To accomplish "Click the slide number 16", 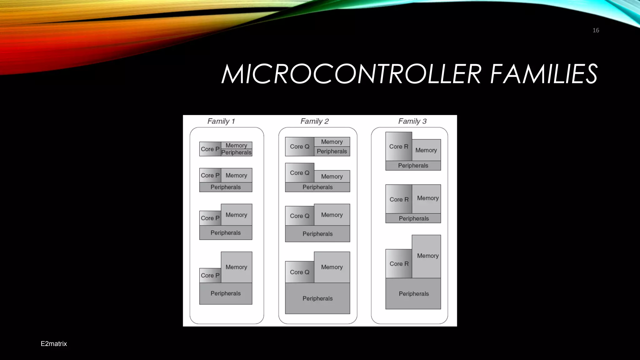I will (596, 30).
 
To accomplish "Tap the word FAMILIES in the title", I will (544, 74).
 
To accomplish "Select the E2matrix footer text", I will (54, 344).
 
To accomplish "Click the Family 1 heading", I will (221, 121).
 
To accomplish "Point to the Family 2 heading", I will (314, 121).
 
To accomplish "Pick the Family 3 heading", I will (412, 121).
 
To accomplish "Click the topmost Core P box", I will (210, 149).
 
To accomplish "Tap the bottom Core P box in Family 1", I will (210, 275).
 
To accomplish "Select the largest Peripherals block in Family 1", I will (226, 293).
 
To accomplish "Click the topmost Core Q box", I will (299, 147).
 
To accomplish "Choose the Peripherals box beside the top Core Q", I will (332, 152).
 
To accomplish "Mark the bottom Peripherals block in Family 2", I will (317, 298).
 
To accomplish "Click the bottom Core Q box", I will (299, 272).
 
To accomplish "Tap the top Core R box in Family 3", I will (398, 147).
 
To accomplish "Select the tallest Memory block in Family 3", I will (426, 256).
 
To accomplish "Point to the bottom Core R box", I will (399, 264).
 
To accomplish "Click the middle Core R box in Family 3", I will (399, 199).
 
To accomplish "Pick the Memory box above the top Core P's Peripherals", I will (236, 145).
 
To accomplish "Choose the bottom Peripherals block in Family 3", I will (413, 294).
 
